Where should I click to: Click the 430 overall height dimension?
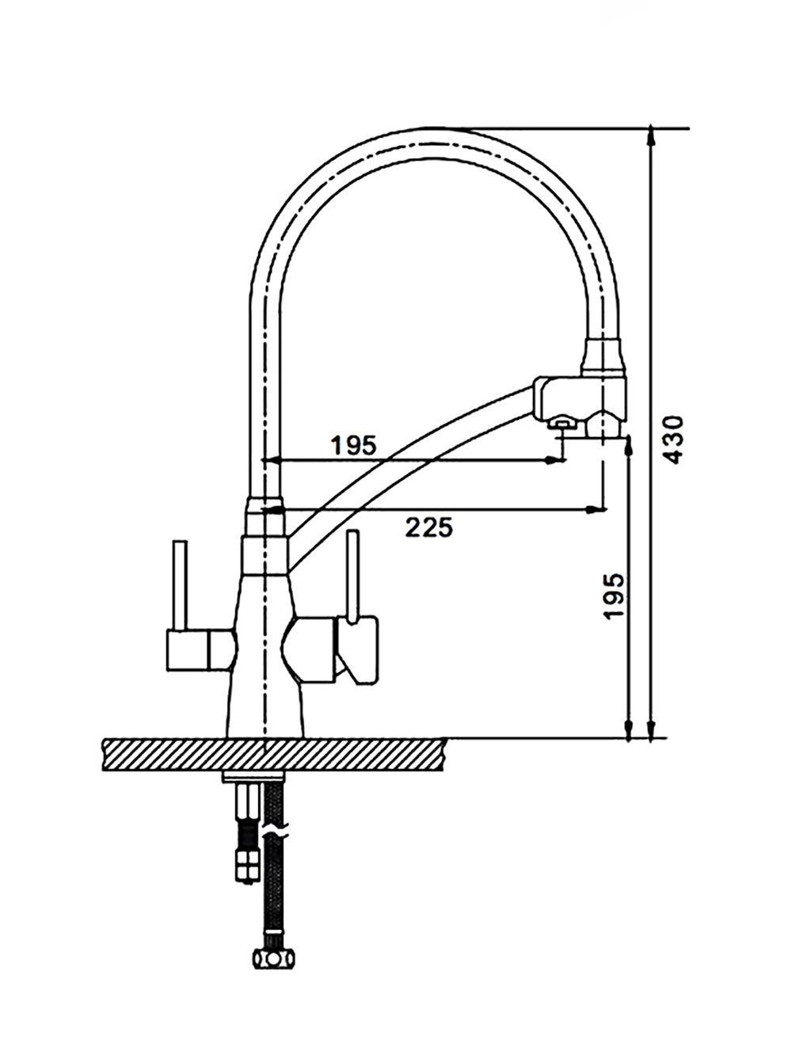point(674,440)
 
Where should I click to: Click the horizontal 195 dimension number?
point(353,446)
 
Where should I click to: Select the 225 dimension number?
point(428,527)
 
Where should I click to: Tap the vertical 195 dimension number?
point(615,596)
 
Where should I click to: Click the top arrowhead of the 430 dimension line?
point(651,136)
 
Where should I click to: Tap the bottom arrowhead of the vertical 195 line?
point(629,729)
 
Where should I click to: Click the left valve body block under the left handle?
point(202,650)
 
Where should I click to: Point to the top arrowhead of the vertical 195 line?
point(629,446)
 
